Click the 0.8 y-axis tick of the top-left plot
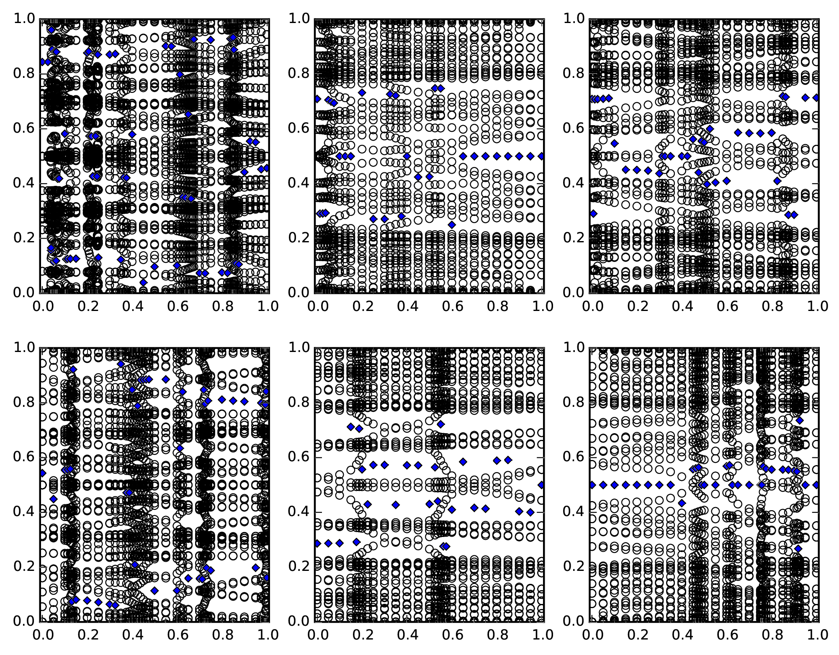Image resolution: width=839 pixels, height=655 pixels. click(41, 74)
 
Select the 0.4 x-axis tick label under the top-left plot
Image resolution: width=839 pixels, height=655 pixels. click(131, 306)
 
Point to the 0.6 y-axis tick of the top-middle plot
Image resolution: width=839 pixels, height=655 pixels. click(315, 128)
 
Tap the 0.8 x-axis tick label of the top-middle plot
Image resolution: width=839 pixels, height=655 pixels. click(497, 306)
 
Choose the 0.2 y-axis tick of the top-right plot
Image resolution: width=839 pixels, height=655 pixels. click(590, 238)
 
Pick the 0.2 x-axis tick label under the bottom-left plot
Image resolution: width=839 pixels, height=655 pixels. click(86, 634)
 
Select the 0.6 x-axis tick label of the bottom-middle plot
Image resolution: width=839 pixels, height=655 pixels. click(451, 634)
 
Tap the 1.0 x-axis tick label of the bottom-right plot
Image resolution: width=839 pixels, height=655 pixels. click(817, 634)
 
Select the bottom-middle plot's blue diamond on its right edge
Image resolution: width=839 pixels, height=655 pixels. click(542, 485)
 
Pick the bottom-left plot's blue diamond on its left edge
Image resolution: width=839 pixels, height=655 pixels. click(42, 473)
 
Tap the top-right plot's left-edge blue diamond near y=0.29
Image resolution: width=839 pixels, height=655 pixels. click(593, 213)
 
